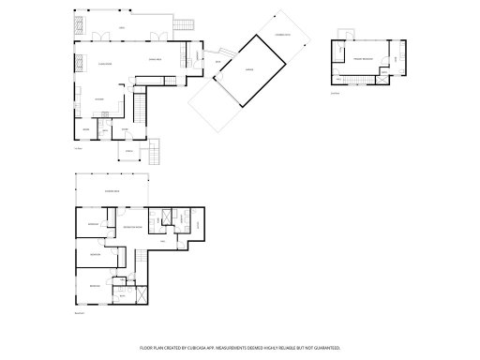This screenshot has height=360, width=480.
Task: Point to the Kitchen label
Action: (97, 97)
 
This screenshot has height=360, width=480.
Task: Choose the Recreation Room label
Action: (135, 227)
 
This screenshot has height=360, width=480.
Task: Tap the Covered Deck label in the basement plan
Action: (111, 190)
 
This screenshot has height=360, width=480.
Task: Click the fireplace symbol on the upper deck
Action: (80, 24)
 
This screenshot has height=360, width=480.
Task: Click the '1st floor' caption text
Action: (79, 147)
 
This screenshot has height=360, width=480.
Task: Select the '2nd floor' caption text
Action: (335, 93)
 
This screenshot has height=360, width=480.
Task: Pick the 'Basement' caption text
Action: (80, 313)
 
